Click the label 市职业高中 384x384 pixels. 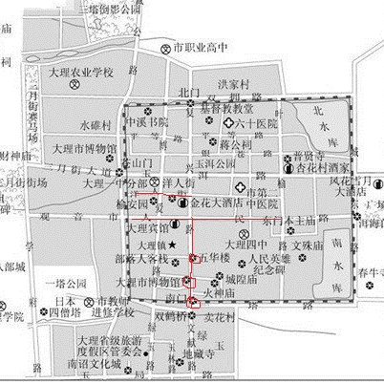coord(202,47)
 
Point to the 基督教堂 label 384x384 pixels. coord(205,109)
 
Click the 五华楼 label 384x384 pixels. coord(218,258)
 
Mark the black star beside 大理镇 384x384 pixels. coord(173,246)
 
